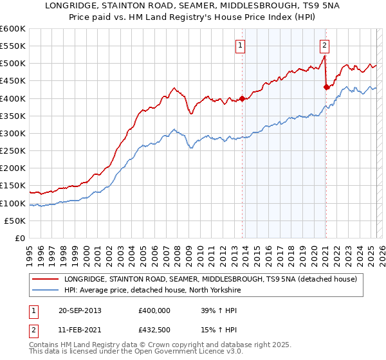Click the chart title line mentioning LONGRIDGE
[193, 6]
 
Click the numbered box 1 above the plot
[240, 46]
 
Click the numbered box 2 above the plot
[325, 46]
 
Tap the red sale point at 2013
[243, 98]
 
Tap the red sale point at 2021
[326, 87]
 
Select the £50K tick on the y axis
[15, 221]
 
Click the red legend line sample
[45, 279]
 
